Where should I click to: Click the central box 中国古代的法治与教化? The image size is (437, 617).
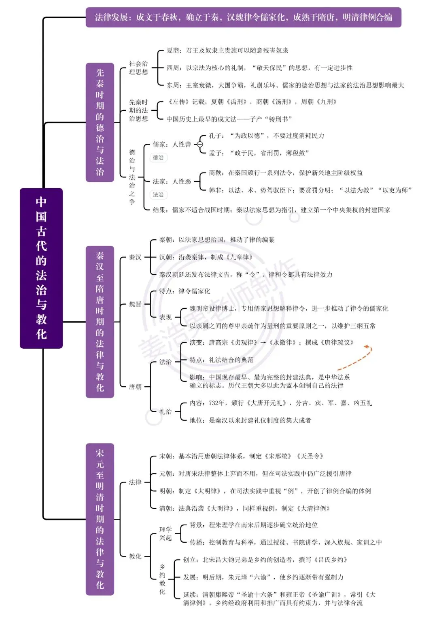(41, 268)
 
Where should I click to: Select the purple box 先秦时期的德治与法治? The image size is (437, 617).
(100, 122)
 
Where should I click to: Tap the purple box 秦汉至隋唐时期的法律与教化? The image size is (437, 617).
(100, 322)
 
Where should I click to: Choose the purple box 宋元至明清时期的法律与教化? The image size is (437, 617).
(100, 519)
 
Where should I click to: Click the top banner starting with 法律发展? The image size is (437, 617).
(243, 17)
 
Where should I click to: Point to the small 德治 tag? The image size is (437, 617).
(158, 158)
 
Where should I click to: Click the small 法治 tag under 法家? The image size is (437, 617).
(158, 195)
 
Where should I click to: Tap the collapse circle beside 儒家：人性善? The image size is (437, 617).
(200, 144)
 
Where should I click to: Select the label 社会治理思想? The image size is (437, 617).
(138, 68)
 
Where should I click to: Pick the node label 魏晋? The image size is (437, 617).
(135, 304)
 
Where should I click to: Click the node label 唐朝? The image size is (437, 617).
(135, 387)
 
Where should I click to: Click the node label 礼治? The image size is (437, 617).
(165, 411)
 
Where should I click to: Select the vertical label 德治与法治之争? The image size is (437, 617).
(132, 177)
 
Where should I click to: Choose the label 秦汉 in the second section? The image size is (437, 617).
(135, 257)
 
